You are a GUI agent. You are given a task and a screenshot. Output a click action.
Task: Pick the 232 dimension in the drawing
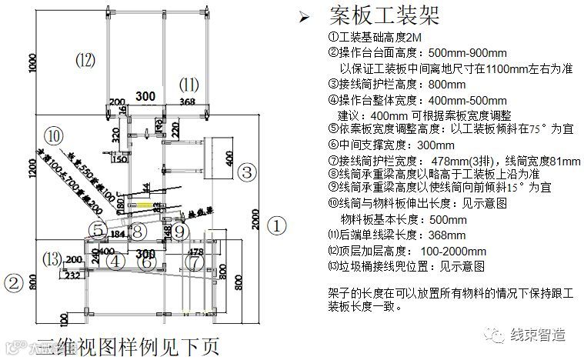coord(72,275)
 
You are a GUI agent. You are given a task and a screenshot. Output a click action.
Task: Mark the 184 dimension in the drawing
coord(117,232)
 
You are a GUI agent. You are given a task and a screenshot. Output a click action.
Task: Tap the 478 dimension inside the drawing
coord(196,252)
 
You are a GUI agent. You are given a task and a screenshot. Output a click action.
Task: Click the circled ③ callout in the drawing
coord(246,172)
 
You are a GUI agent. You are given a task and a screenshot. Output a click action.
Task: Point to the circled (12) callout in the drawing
coord(85,58)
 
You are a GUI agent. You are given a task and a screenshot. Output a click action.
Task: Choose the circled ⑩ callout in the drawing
coord(52,135)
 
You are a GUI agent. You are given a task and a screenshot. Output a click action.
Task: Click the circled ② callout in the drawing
coord(12,283)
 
